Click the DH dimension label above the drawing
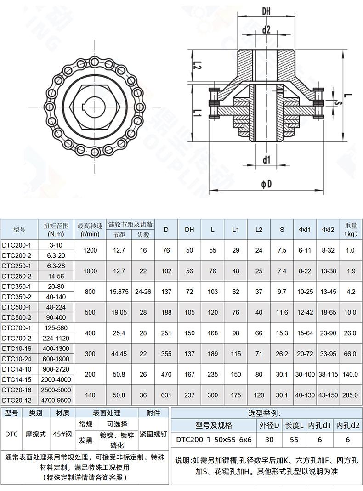(x=266, y=11)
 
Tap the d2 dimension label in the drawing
(x=266, y=30)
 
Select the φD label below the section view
(x=267, y=184)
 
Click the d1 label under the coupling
(x=266, y=160)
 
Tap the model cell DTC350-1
(x=17, y=287)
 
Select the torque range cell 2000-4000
(x=56, y=379)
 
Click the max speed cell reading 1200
(x=90, y=250)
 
